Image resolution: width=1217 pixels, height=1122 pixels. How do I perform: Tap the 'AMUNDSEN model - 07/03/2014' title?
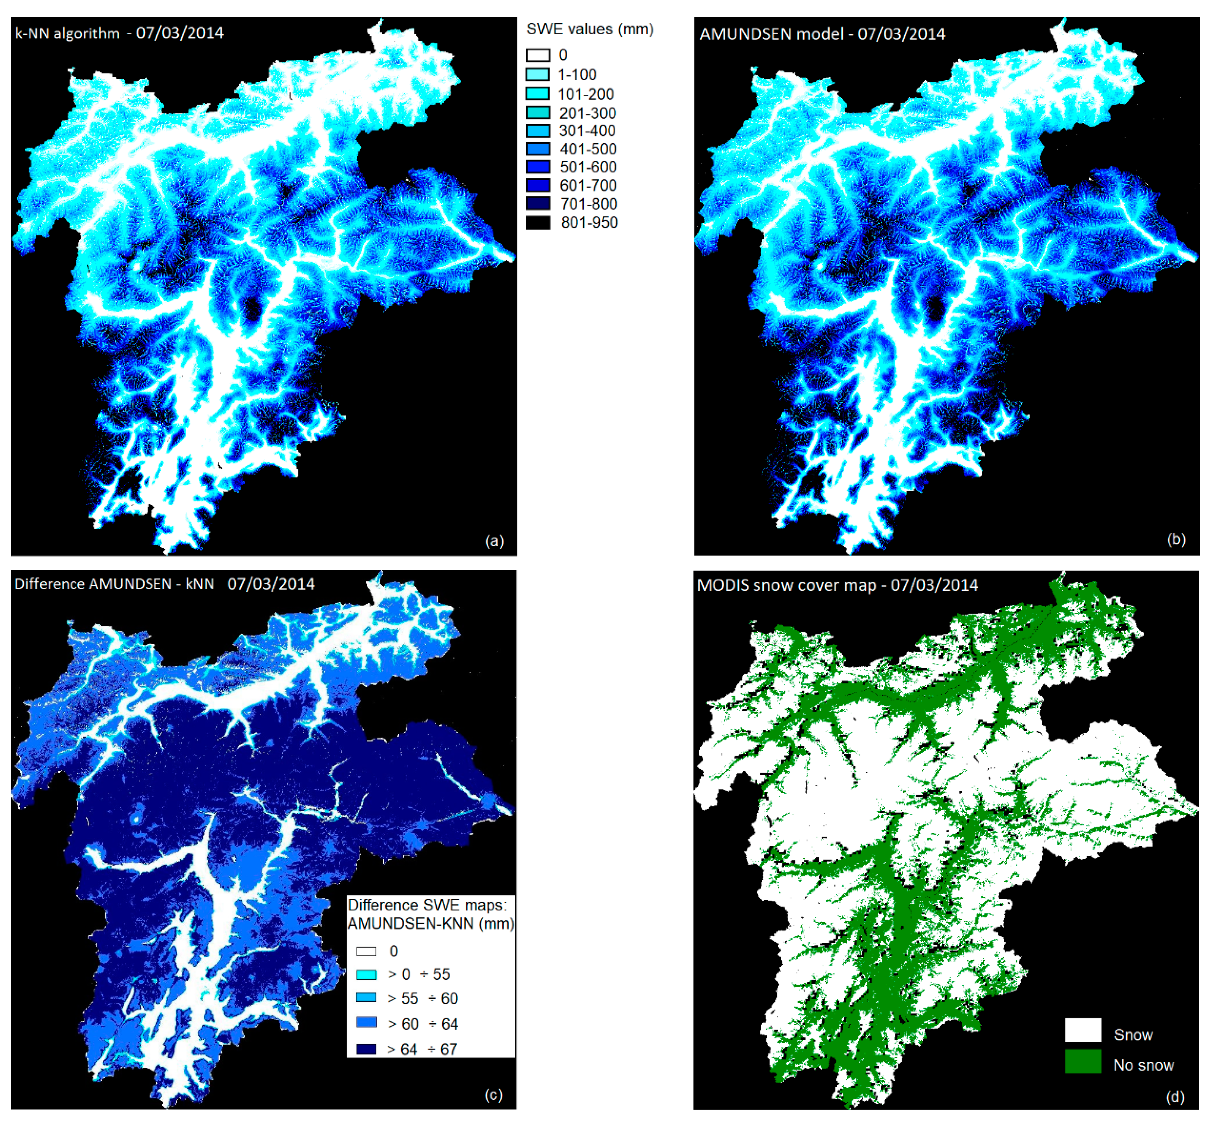coord(822,34)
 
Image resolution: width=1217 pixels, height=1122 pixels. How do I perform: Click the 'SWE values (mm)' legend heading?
coord(589,29)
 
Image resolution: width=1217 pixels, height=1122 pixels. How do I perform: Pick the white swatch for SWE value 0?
coord(538,55)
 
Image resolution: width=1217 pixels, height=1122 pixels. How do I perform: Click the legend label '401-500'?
coord(588,149)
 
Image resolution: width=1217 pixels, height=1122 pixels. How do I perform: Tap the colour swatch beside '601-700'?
coord(538,185)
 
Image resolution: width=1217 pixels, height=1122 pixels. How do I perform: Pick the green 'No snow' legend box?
coord(1083,1061)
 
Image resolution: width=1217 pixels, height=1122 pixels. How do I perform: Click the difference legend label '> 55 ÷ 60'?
coord(422,998)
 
